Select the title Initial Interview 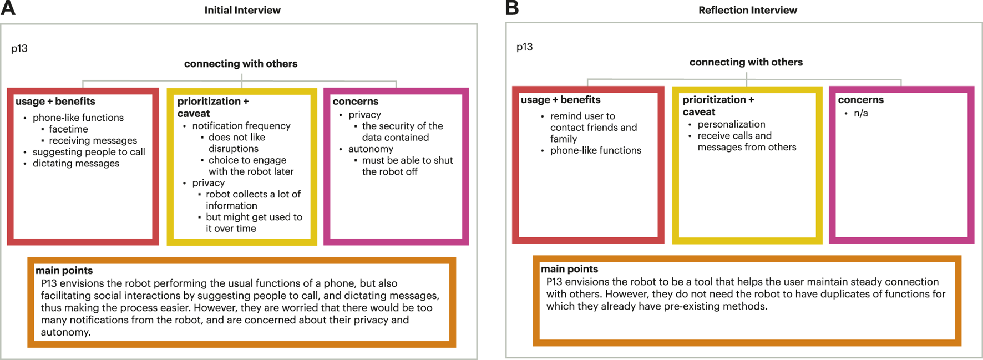point(242,10)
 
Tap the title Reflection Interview point(747,10)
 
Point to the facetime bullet point(68,129)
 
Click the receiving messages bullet point(93,140)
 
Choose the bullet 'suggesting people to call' point(89,152)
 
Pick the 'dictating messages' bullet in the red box point(76,163)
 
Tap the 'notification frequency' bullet point(241,126)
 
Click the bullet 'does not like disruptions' point(236,143)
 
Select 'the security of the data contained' point(402,132)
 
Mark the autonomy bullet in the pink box point(371,149)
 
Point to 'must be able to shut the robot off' point(407,166)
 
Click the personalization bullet point(731,124)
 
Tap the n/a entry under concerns point(861,113)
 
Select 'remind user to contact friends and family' point(593,128)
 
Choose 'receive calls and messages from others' point(746,141)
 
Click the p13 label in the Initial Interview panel point(19,48)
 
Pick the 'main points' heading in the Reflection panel point(569,269)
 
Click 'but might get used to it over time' point(254,223)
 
